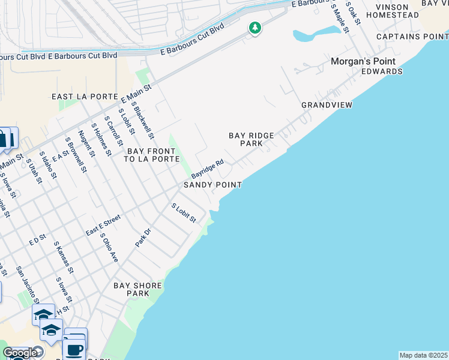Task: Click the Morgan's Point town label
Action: pos(363,61)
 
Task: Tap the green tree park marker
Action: pos(255,28)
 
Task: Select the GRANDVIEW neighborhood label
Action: pos(327,105)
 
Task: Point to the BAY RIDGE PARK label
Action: pos(252,140)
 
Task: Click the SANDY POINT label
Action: pos(212,185)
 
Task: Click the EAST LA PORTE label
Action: pos(83,97)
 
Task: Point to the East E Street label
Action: pos(103,224)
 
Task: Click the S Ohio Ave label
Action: pos(109,248)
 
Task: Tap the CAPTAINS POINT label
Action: pos(412,37)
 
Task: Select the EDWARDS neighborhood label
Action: pos(382,71)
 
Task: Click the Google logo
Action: pos(19,353)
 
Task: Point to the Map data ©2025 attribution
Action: pos(423,355)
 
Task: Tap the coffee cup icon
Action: pos(75,349)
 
